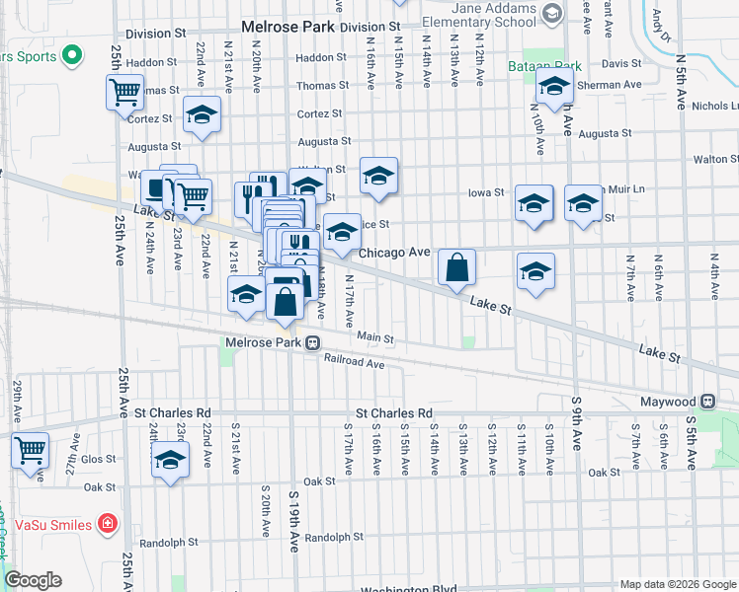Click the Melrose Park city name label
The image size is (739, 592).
(287, 27)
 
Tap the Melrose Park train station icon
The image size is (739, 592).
(311, 342)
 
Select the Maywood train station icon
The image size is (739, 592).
(707, 402)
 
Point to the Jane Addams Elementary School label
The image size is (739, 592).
(495, 13)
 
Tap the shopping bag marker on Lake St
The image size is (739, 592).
(457, 267)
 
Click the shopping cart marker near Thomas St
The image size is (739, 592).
(125, 93)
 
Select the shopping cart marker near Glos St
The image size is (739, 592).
(30, 451)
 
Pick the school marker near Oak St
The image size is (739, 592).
(171, 461)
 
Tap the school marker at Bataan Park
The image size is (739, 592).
(555, 88)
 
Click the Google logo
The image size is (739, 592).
(33, 580)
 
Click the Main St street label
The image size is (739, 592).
(375, 338)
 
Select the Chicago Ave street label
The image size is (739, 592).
(394, 253)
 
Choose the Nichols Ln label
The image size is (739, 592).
(715, 106)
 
